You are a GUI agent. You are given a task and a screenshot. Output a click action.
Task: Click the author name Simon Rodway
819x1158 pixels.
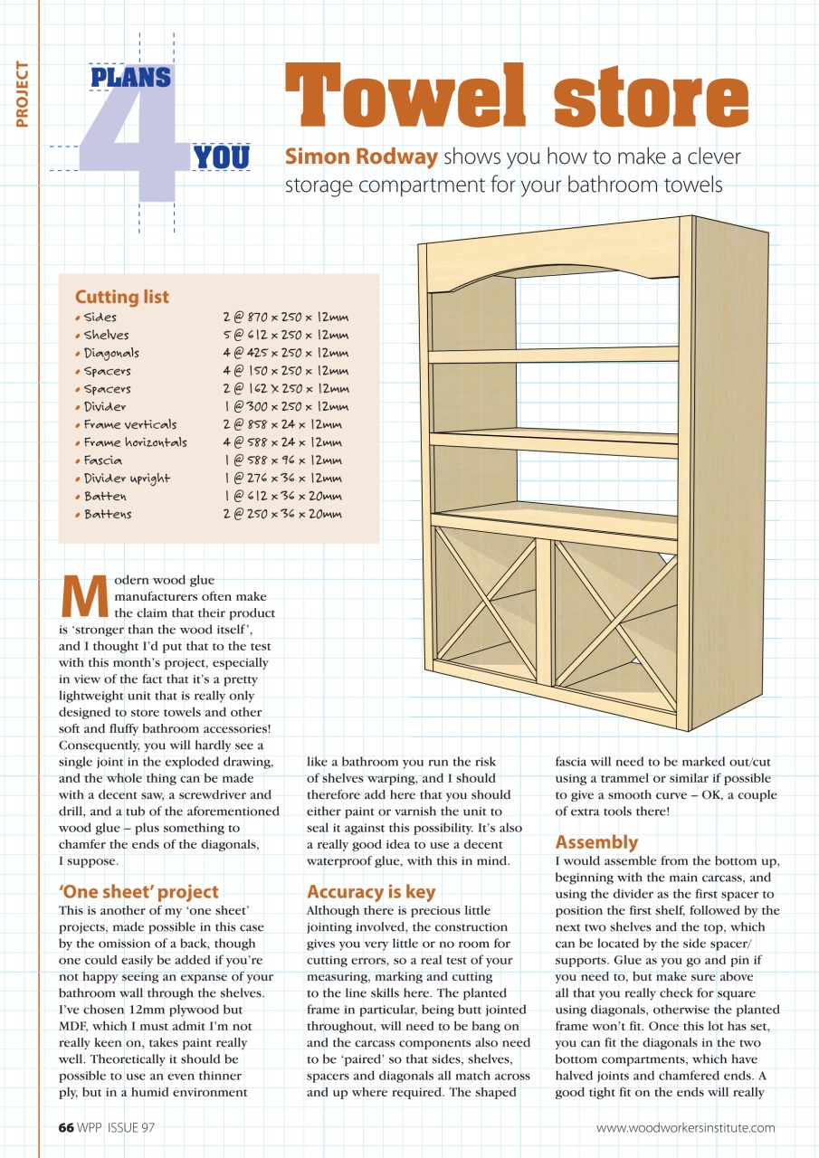pyautogui.click(x=361, y=157)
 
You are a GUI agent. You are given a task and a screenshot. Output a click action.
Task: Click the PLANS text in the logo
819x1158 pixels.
pyautogui.click(x=130, y=78)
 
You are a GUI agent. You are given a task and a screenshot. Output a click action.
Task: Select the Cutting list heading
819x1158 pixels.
pyautogui.click(x=121, y=297)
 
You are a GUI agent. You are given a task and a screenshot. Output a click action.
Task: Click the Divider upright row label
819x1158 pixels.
pyautogui.click(x=127, y=479)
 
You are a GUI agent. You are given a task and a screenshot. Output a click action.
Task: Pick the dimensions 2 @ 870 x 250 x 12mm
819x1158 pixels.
pyautogui.click(x=285, y=318)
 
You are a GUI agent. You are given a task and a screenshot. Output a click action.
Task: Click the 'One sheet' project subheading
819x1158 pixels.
pyautogui.click(x=138, y=891)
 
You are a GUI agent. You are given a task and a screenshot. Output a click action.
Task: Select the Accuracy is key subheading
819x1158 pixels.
pyautogui.click(x=371, y=891)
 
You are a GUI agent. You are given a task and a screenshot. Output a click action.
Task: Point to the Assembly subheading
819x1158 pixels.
pyautogui.click(x=596, y=842)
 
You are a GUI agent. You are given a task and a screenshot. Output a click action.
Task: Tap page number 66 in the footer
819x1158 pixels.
pyautogui.click(x=65, y=1127)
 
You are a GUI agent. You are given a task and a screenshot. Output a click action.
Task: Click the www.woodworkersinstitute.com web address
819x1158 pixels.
pyautogui.click(x=685, y=1127)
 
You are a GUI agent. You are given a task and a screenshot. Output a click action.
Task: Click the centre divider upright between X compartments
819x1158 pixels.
pyautogui.click(x=544, y=611)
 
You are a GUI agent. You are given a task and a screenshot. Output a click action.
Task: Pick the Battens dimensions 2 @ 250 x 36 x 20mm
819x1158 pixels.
pyautogui.click(x=282, y=514)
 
